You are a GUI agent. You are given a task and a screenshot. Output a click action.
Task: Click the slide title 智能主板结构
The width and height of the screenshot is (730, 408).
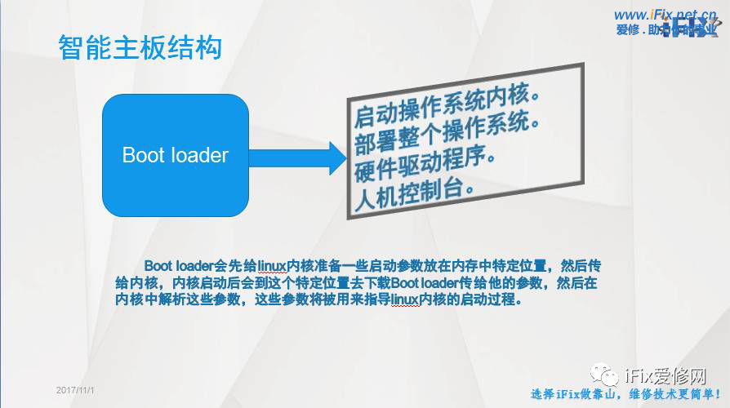tap(140, 48)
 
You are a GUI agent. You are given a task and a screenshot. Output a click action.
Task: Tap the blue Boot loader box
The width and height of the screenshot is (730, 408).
tap(175, 155)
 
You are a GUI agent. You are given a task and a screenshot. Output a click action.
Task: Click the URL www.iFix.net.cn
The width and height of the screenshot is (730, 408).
tap(665, 14)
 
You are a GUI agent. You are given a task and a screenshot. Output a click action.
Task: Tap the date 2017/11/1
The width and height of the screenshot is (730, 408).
tap(76, 391)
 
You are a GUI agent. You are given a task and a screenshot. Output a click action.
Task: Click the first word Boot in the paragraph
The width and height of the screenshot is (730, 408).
tap(158, 266)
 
